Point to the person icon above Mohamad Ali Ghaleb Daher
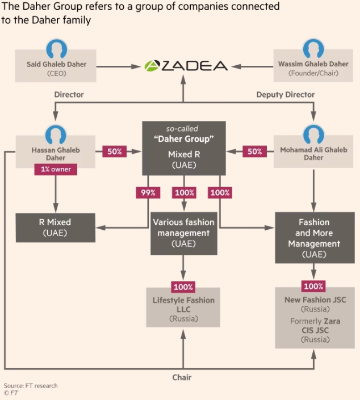(313, 133)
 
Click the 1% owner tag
(55, 169)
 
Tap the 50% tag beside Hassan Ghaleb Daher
(114, 151)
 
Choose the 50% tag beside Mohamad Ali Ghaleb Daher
(255, 151)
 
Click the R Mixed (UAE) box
(55, 227)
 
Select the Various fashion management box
(183, 233)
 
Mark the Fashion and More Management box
(314, 238)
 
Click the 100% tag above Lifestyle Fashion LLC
(183, 287)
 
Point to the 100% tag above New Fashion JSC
(314, 287)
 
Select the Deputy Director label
(286, 95)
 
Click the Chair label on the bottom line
(183, 377)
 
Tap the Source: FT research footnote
(31, 386)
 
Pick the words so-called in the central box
(183, 129)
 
